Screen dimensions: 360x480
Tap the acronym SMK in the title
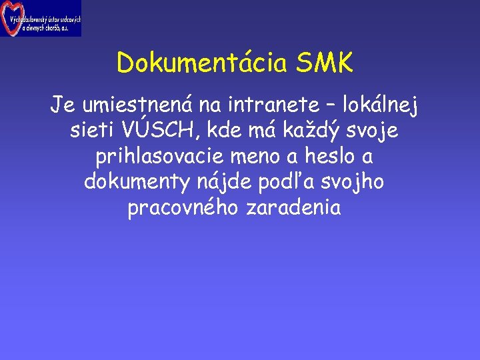325,64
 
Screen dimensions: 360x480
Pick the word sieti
93,131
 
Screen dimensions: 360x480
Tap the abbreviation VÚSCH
163,131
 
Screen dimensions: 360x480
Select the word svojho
361,183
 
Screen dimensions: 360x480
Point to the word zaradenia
293,208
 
